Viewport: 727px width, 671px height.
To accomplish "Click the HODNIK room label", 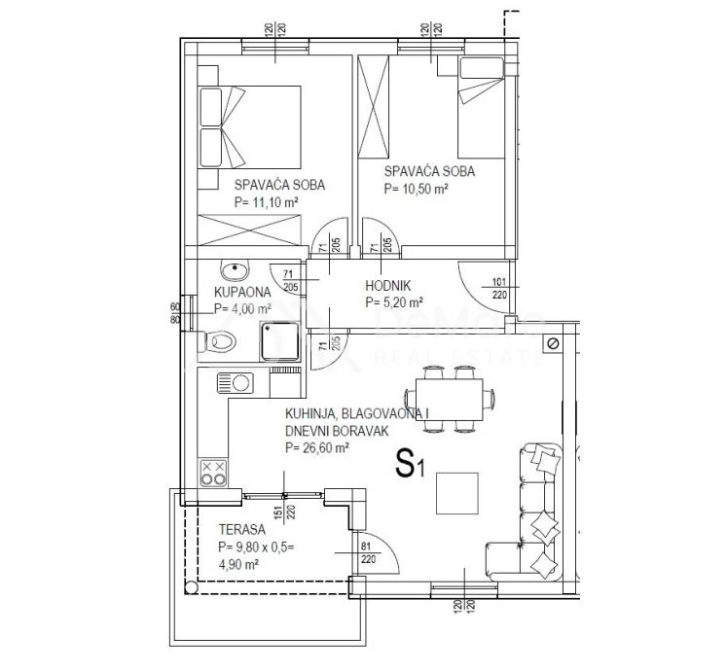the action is pos(387,286).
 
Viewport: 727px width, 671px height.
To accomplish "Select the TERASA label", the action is pos(242,531).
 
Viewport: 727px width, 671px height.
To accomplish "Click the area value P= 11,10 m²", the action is pos(266,202).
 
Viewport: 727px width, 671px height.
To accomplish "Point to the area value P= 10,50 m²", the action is pos(416,190).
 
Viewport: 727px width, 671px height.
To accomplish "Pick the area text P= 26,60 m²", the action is pos(317,448).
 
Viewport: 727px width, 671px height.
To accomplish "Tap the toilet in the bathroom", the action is pos(222,341).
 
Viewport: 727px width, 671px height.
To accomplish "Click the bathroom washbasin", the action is pos(235,268).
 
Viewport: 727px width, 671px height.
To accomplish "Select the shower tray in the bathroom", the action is pos(279,343).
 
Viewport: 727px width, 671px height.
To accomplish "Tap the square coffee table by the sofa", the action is pos(457,492).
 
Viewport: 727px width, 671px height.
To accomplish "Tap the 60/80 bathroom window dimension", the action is pos(176,311).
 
